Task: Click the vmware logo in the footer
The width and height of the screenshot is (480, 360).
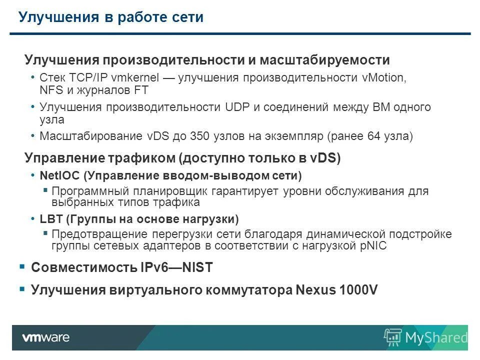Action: point(45,337)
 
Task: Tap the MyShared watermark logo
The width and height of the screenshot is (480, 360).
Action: point(425,337)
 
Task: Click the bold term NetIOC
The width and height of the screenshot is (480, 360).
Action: point(59,176)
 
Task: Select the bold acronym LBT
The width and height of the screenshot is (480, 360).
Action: point(50,219)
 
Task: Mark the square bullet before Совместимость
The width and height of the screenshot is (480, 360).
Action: point(22,267)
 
